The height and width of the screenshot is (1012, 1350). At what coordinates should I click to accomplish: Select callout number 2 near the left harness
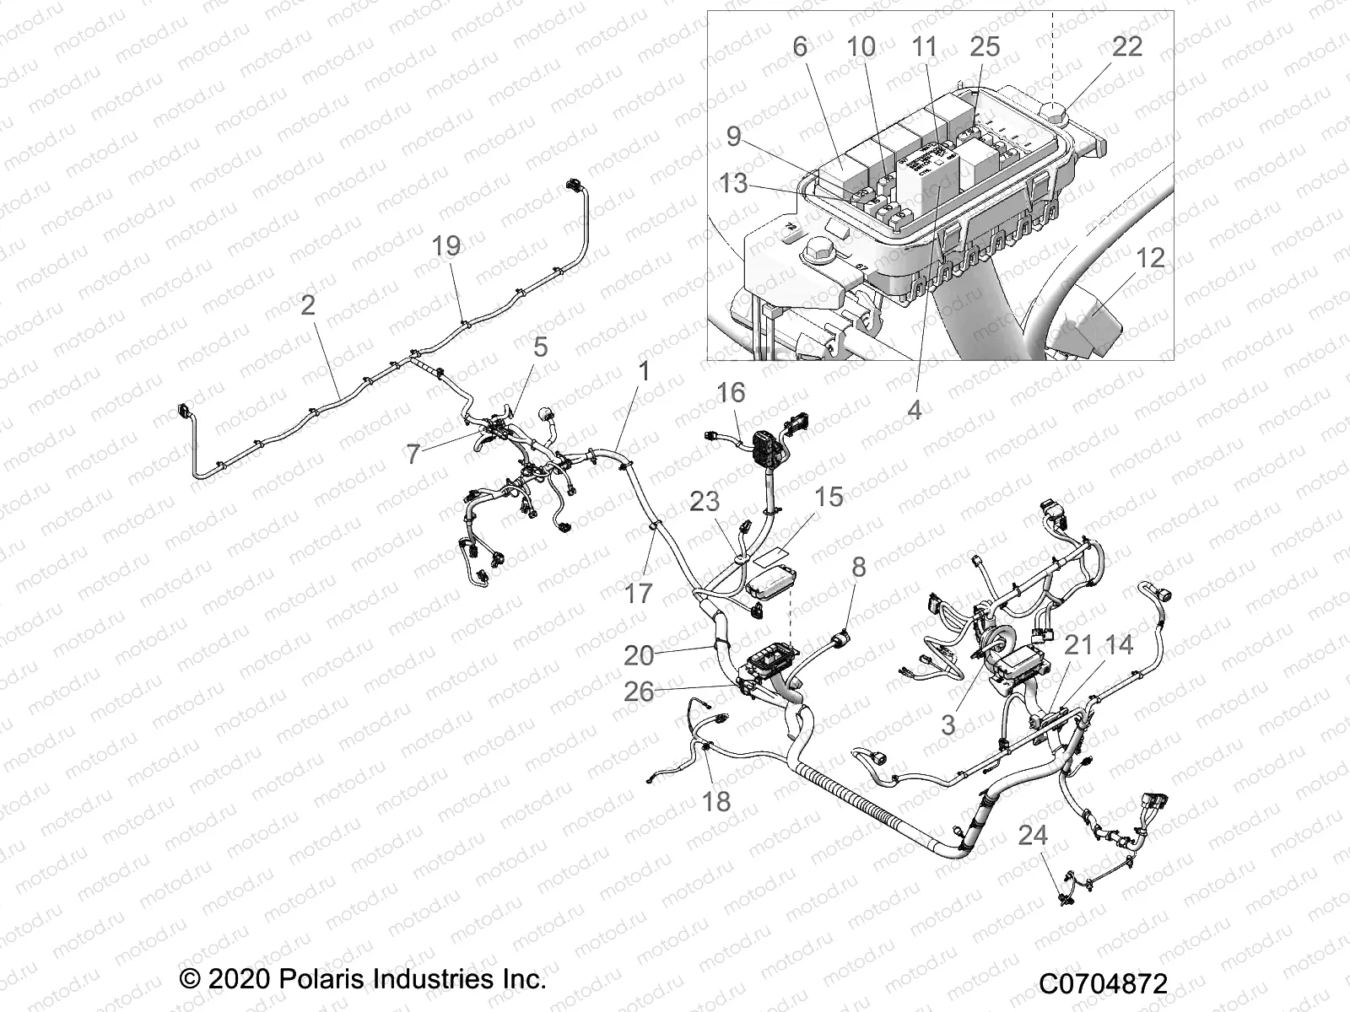pos(308,305)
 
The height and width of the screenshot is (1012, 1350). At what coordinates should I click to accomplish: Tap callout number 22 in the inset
pos(1126,46)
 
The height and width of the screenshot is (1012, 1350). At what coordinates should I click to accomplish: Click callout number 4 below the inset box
pos(914,411)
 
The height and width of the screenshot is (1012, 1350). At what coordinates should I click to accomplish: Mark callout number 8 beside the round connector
pos(858,567)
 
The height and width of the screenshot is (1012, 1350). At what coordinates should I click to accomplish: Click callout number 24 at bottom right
pos(1033,836)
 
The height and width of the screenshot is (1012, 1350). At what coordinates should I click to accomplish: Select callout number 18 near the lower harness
pos(716,800)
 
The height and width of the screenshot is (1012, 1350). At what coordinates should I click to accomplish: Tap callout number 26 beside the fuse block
pos(639,692)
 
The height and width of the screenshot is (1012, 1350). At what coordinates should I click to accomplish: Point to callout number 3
pos(948,724)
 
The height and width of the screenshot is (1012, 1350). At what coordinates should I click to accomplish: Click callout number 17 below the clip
pos(639,594)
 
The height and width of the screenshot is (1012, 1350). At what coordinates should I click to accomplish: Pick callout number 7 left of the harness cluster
pos(413,455)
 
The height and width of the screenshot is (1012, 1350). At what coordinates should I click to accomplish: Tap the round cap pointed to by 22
pos(1056,110)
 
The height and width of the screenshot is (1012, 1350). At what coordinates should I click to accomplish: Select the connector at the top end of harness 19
pos(576,183)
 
